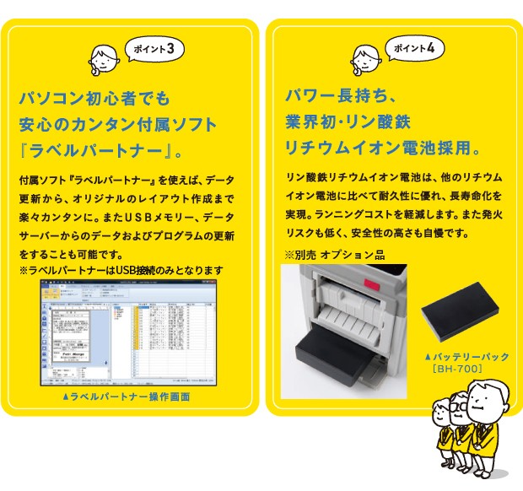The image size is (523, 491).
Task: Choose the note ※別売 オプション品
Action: [334, 255]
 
